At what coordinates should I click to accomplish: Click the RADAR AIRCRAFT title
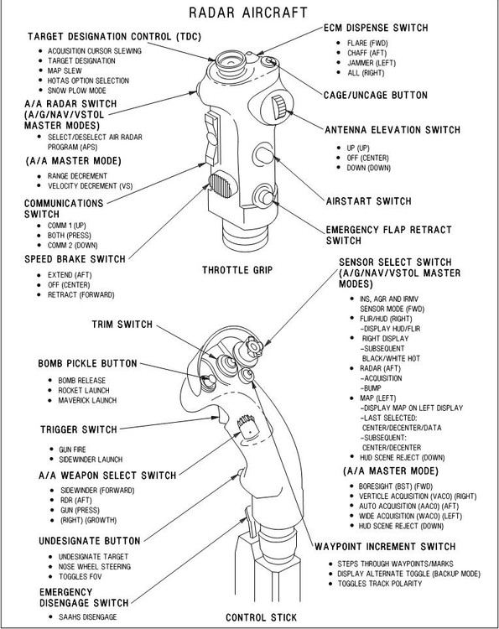point(248,12)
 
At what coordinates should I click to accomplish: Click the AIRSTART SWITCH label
point(368,201)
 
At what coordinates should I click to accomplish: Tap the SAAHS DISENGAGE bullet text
point(87,616)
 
